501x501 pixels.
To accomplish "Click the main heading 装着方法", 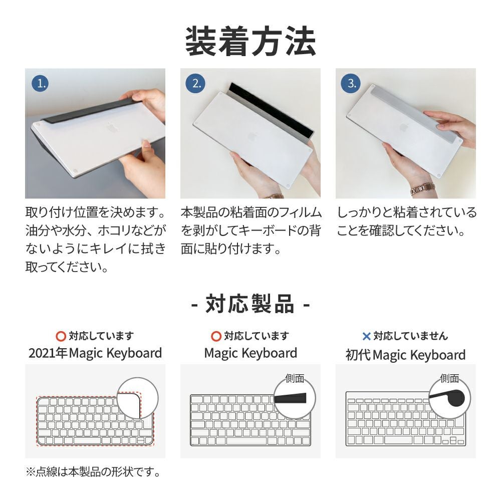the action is (x=250, y=41).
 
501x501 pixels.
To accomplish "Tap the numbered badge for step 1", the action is (x=40, y=83).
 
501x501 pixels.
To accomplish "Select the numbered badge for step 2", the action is (x=195, y=83).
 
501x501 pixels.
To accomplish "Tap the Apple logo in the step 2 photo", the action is (x=252, y=135).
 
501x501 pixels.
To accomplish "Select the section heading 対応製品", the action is (x=250, y=304).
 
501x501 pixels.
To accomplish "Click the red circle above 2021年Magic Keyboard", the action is (x=61, y=336).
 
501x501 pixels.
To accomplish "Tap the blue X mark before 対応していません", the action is (x=367, y=336).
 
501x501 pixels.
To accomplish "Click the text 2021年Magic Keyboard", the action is (x=95, y=353).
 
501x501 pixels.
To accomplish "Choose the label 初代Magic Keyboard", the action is (x=405, y=355).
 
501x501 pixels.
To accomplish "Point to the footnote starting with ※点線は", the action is (x=93, y=472).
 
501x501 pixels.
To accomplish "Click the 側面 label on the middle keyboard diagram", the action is (x=295, y=378).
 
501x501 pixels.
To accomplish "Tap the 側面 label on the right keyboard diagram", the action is (x=449, y=378).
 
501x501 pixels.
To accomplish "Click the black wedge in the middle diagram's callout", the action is (x=290, y=398).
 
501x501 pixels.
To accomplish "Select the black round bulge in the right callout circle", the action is (x=456, y=399).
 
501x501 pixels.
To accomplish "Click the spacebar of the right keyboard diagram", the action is (x=398, y=440).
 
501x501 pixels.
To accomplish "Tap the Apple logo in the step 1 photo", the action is (x=112, y=127).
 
